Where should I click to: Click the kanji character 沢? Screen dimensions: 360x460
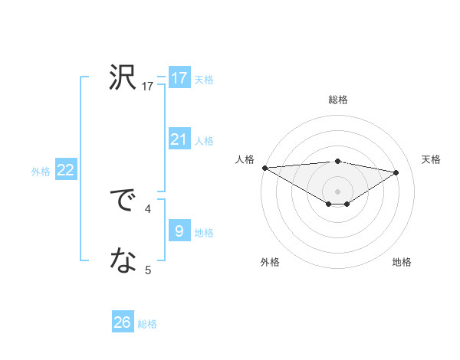point(123,78)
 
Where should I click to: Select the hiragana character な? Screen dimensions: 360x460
point(123,262)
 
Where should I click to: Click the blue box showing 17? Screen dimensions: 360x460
point(179,78)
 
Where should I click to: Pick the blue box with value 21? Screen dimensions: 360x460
point(179,139)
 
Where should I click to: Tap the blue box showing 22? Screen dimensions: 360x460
point(65,170)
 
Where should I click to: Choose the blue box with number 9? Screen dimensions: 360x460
point(179,231)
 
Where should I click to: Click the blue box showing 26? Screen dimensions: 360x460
point(123,322)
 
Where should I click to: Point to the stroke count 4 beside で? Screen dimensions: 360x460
point(148,208)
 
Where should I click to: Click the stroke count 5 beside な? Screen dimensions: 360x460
point(148,270)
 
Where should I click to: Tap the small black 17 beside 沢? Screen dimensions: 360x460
point(148,87)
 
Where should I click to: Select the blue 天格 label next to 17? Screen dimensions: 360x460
point(204,79)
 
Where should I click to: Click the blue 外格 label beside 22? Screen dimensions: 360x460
point(41,172)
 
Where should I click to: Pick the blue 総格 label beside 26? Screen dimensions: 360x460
point(147,324)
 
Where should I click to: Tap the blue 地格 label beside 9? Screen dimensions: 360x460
point(204,233)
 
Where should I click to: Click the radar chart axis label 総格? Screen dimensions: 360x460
point(337,100)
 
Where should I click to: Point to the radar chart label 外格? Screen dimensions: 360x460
point(270,262)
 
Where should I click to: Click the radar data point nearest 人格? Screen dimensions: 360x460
point(264,168)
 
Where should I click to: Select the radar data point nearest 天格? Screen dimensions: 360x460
point(396,172)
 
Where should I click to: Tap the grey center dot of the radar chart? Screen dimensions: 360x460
point(337,191)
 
